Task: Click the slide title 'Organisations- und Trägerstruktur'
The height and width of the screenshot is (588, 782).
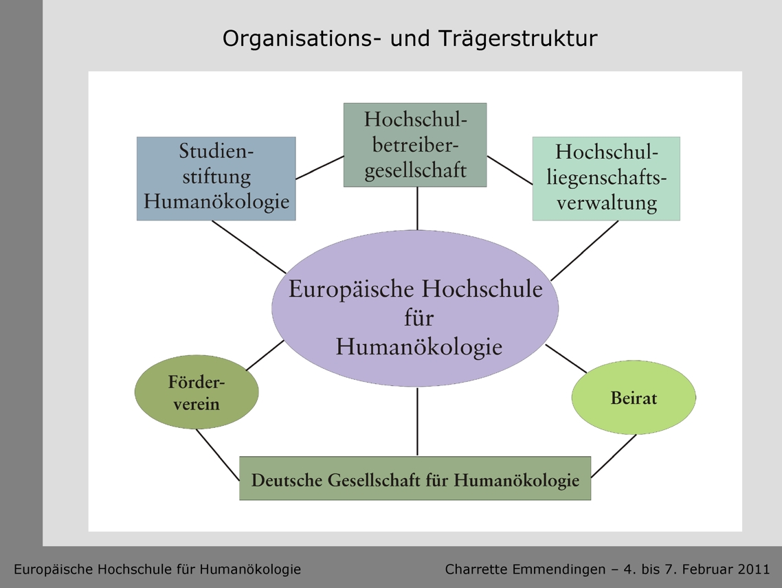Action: (x=410, y=39)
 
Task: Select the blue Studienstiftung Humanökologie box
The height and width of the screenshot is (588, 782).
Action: (x=216, y=179)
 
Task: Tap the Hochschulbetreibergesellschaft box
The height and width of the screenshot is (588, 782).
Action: (x=415, y=145)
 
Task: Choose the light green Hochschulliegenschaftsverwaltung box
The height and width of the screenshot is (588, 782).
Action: (x=606, y=179)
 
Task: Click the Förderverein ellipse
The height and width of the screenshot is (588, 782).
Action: (x=197, y=392)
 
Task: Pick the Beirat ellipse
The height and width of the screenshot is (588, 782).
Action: (x=634, y=398)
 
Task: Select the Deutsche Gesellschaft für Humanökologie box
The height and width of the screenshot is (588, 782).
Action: (x=415, y=478)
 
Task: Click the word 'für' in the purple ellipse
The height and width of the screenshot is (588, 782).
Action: (x=419, y=317)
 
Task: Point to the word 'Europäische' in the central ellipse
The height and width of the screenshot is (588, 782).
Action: (x=351, y=289)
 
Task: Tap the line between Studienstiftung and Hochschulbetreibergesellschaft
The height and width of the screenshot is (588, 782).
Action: (x=320, y=168)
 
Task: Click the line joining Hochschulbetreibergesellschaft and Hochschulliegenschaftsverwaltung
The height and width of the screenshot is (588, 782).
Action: (x=510, y=170)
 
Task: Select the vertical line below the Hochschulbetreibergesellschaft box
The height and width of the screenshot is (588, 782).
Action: (x=417, y=208)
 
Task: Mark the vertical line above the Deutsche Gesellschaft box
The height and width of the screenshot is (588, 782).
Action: (x=417, y=422)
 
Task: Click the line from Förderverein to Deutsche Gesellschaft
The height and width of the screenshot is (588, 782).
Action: (x=218, y=455)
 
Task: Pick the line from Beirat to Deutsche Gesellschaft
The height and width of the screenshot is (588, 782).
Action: (x=614, y=456)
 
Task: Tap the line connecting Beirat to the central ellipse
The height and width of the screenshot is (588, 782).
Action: (x=566, y=359)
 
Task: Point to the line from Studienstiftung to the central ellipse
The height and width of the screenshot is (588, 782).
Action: (x=249, y=247)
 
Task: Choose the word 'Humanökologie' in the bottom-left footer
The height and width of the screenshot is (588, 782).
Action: (x=250, y=569)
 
